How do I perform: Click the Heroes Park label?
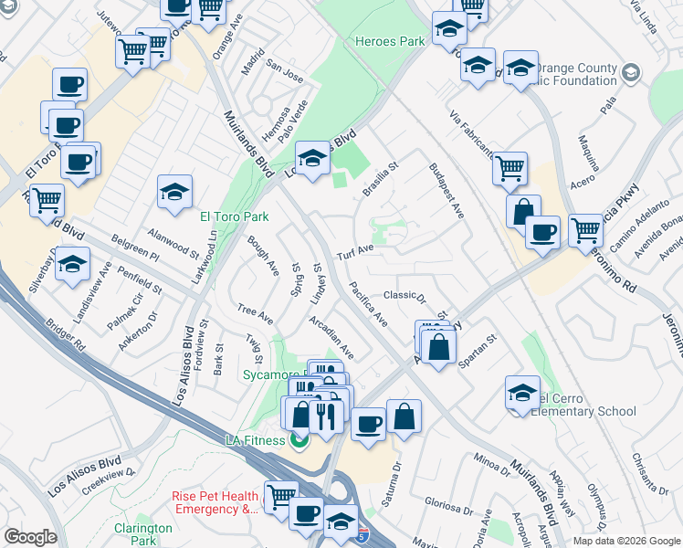click(x=390, y=42)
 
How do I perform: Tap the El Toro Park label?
click(x=235, y=216)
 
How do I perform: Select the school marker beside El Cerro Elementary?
click(x=521, y=394)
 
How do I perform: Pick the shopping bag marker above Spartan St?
click(x=438, y=347)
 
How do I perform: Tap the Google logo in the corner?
click(x=31, y=537)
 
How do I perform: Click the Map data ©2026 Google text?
click(x=625, y=541)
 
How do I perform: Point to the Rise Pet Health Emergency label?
click(x=215, y=502)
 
